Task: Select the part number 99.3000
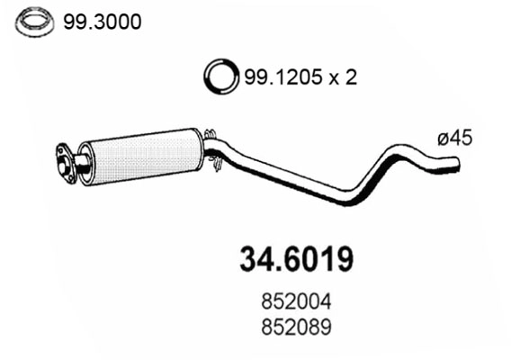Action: pos(102,22)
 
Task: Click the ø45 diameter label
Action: pos(455,139)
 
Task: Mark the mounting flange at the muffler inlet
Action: pos(64,161)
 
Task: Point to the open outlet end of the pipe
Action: pos(457,164)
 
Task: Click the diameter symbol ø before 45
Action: pos(443,139)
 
